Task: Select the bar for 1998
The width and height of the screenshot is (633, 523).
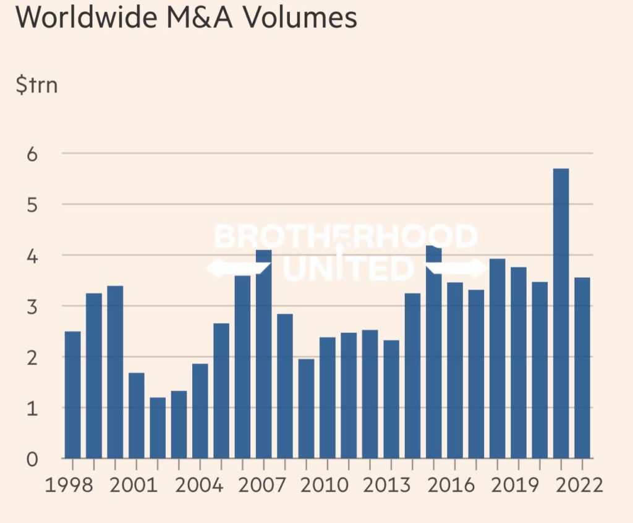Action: point(72,395)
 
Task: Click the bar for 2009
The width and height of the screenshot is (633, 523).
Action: point(306,408)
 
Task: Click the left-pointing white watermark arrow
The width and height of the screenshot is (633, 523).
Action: point(237,268)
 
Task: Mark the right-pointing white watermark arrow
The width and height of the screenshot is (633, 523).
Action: point(458,268)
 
